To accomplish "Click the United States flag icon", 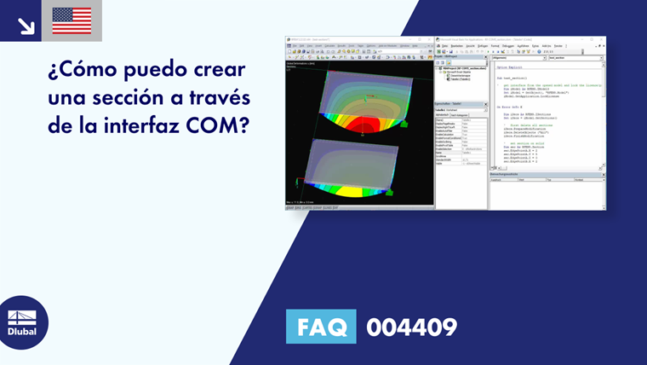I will (72, 20).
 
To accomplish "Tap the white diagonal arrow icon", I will (25, 24).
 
